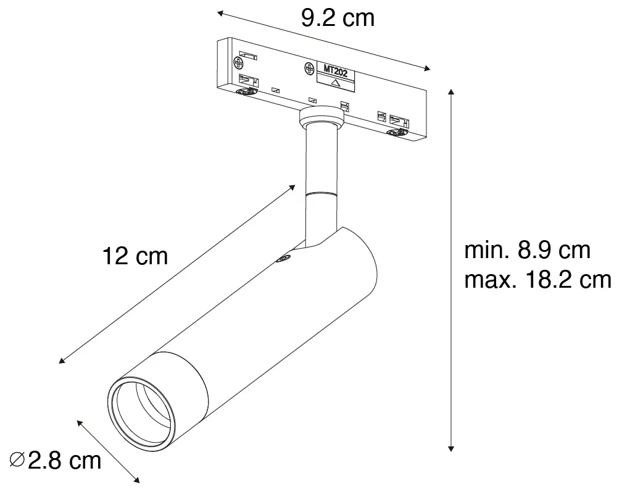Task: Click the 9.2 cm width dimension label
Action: (338, 19)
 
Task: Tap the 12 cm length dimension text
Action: (135, 256)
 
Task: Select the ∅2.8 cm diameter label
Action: (56, 461)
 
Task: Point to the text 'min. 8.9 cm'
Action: (527, 251)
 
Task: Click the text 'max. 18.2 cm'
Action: (537, 280)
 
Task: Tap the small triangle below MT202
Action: (336, 83)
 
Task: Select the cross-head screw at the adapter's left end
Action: (239, 62)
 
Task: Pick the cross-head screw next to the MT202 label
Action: (309, 69)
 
